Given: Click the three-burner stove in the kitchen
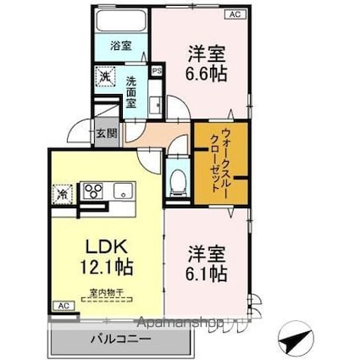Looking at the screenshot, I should (x=92, y=191).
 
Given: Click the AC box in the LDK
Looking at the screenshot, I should (x=62, y=305).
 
